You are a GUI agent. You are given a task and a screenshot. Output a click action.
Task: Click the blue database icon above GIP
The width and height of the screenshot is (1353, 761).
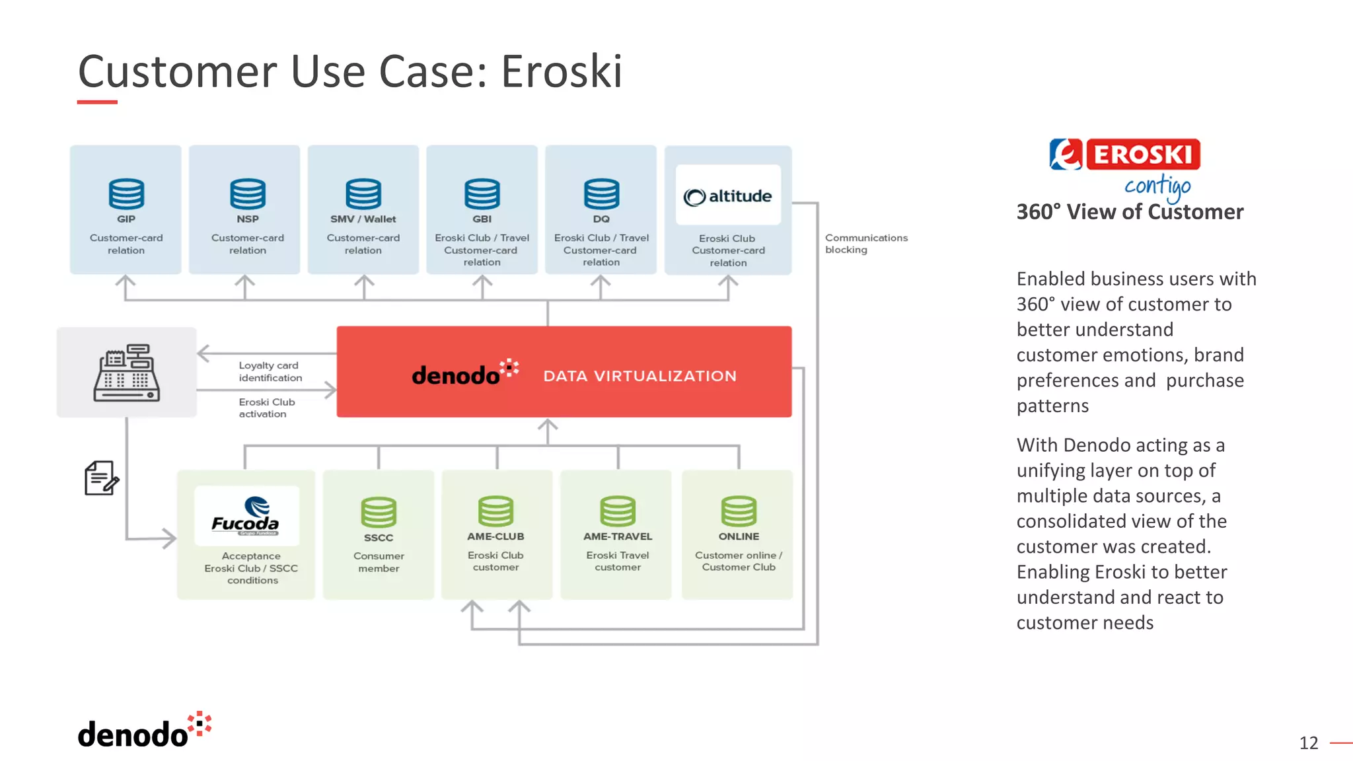tap(126, 194)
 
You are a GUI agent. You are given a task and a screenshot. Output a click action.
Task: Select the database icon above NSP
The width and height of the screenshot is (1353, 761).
tap(248, 194)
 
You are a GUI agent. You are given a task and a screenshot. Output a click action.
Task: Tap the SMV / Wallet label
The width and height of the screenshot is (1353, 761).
tap(363, 219)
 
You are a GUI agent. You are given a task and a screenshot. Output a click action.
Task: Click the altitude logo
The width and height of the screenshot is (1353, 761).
tap(727, 196)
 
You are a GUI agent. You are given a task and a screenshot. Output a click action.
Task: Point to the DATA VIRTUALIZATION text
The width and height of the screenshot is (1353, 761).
tap(640, 376)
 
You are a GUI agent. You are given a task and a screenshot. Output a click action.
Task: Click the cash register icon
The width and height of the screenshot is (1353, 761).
tap(126, 373)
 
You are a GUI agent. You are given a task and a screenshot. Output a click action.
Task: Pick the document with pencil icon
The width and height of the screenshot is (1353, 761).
tap(101, 478)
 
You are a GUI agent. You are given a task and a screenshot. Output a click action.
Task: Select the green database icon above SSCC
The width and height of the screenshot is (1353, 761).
tap(379, 513)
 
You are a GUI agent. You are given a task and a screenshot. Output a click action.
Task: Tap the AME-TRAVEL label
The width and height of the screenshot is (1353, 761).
tap(617, 536)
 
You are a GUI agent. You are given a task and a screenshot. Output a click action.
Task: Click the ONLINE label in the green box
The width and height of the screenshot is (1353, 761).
tap(739, 536)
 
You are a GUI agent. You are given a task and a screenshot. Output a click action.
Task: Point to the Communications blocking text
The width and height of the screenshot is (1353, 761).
tap(865, 244)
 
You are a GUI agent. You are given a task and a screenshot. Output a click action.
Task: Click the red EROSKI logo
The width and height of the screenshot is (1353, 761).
tap(1125, 155)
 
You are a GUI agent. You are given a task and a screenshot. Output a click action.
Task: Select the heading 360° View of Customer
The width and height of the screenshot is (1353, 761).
tap(1130, 212)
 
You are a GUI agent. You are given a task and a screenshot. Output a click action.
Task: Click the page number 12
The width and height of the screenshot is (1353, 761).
tap(1308, 743)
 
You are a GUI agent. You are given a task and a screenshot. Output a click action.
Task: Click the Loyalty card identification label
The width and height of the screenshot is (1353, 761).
tap(270, 371)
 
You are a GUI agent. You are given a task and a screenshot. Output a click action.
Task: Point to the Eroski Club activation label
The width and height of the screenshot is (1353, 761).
tap(266, 408)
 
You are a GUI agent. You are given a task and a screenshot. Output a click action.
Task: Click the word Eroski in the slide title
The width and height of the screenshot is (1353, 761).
tap(562, 71)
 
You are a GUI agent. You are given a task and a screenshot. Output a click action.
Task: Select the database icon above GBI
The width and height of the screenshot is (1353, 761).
tap(482, 194)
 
